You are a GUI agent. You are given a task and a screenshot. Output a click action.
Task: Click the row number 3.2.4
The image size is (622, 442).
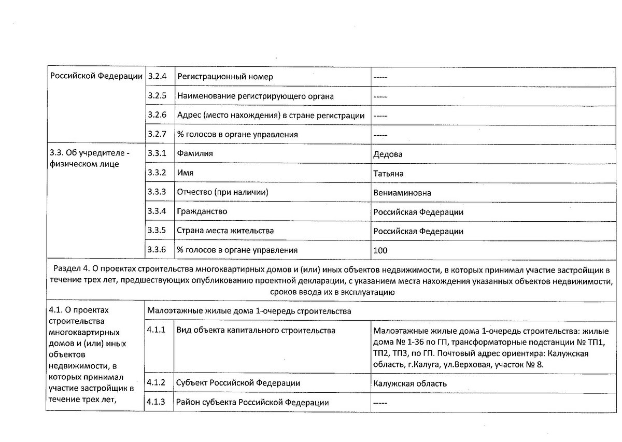(x=157, y=77)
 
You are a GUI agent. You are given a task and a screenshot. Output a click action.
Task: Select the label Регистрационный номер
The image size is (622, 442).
(x=225, y=77)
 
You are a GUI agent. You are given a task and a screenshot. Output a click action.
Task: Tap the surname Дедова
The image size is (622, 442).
(x=388, y=154)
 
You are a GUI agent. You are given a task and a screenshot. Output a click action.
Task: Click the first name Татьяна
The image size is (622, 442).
(x=388, y=174)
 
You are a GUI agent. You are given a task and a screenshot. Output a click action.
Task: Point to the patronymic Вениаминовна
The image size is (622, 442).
(x=402, y=193)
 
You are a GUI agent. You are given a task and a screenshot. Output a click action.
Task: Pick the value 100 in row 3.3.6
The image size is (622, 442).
(x=380, y=250)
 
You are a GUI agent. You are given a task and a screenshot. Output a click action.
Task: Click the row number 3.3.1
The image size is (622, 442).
(x=157, y=153)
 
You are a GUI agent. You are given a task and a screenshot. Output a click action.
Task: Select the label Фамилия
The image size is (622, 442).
(x=195, y=154)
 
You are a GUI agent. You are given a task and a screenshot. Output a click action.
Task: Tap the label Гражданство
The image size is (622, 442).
(x=202, y=211)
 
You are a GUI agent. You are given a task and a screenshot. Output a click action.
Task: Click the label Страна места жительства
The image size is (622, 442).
(x=225, y=231)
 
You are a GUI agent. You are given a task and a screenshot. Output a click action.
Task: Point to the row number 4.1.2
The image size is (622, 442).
(x=157, y=383)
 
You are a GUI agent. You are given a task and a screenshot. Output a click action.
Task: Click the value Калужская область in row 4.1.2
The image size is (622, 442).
(x=409, y=383)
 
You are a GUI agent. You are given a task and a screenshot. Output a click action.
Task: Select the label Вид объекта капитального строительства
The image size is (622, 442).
(x=256, y=331)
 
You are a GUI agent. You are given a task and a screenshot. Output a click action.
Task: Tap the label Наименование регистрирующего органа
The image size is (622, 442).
(x=255, y=96)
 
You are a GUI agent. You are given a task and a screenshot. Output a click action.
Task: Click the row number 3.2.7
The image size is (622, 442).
(x=157, y=134)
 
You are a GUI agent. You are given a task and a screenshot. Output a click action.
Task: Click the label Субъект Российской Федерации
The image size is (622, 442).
(x=238, y=383)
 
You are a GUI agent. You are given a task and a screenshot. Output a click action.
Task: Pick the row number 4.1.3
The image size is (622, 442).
(x=157, y=402)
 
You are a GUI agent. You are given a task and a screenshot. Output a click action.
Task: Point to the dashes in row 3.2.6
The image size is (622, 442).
(x=380, y=116)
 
